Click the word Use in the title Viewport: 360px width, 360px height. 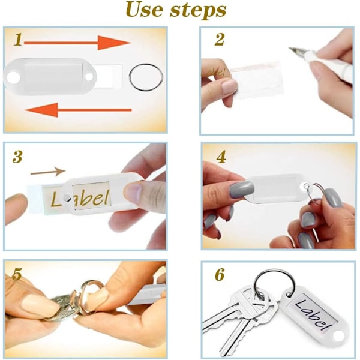pyautogui.click(x=145, y=10)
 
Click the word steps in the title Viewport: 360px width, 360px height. pyautogui.click(x=198, y=11)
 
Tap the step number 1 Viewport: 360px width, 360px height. pyautogui.click(x=18, y=39)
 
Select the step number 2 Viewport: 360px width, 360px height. pyautogui.click(x=219, y=40)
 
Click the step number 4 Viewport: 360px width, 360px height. pyautogui.click(x=221, y=157)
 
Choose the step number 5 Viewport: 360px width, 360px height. pyautogui.click(x=17, y=274)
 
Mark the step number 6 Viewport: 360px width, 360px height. pyautogui.click(x=220, y=275)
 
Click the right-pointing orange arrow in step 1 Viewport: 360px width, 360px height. pyautogui.click(x=77, y=43)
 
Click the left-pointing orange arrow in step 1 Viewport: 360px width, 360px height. pyautogui.click(x=78, y=110)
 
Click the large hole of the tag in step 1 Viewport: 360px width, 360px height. pyautogui.click(x=13, y=77)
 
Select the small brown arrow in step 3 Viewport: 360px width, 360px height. pyautogui.click(x=48, y=172)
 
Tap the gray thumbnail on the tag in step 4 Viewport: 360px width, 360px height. pyautogui.click(x=241, y=190)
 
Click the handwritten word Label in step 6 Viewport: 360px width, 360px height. pyautogui.click(x=314, y=314)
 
